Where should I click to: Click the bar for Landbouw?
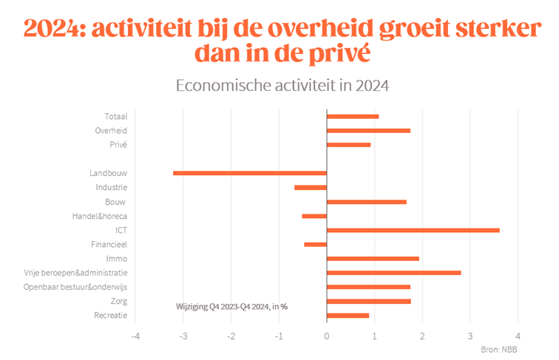[250, 173]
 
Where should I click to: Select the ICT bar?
[413, 231]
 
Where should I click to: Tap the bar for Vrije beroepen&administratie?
[393, 273]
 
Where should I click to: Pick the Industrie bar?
[311, 188]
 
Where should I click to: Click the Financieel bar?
[315, 245]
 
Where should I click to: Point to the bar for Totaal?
[352, 116]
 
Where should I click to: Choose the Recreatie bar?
[348, 316]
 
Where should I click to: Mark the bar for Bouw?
[366, 202]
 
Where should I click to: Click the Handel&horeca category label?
[101, 216]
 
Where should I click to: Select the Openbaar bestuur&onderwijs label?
[75, 287]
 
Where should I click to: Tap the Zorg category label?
[118, 301]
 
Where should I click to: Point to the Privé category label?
[118, 144]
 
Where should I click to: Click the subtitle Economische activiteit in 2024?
[282, 85]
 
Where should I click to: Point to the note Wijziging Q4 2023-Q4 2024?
[231, 306]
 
